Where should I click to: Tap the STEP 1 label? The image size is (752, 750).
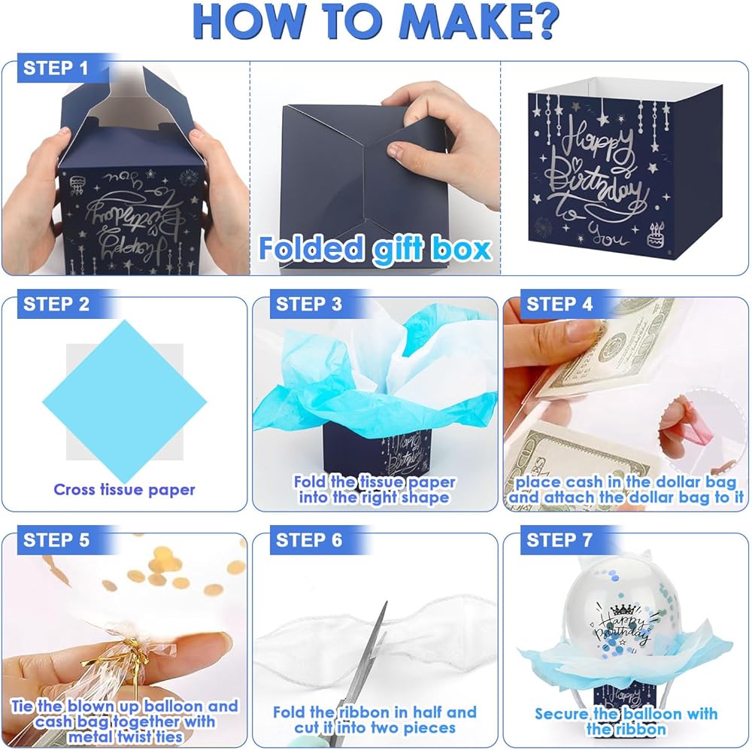tap(56, 68)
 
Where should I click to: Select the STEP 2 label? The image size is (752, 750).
tap(56, 304)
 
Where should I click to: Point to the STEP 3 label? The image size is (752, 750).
tap(309, 304)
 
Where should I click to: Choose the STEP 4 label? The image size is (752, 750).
tap(559, 304)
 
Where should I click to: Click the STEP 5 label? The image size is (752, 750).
tap(56, 540)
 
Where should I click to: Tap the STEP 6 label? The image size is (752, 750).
tap(309, 540)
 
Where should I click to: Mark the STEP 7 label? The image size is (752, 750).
tap(559, 540)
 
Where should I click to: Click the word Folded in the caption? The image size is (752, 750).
tap(311, 248)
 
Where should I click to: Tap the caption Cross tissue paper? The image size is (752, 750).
tap(124, 490)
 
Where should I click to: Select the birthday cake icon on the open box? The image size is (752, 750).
tap(656, 235)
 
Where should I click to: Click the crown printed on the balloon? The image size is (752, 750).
tap(622, 609)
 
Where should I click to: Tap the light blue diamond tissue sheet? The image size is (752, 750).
tap(125, 402)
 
